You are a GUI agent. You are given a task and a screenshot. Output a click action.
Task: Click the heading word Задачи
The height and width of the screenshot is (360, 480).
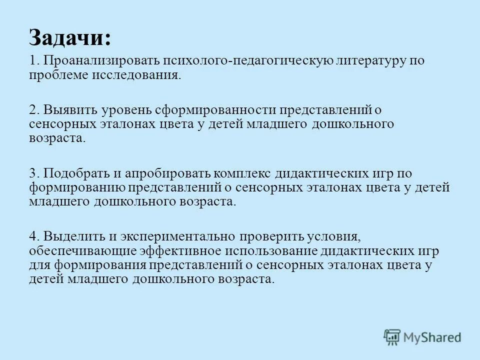70,38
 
